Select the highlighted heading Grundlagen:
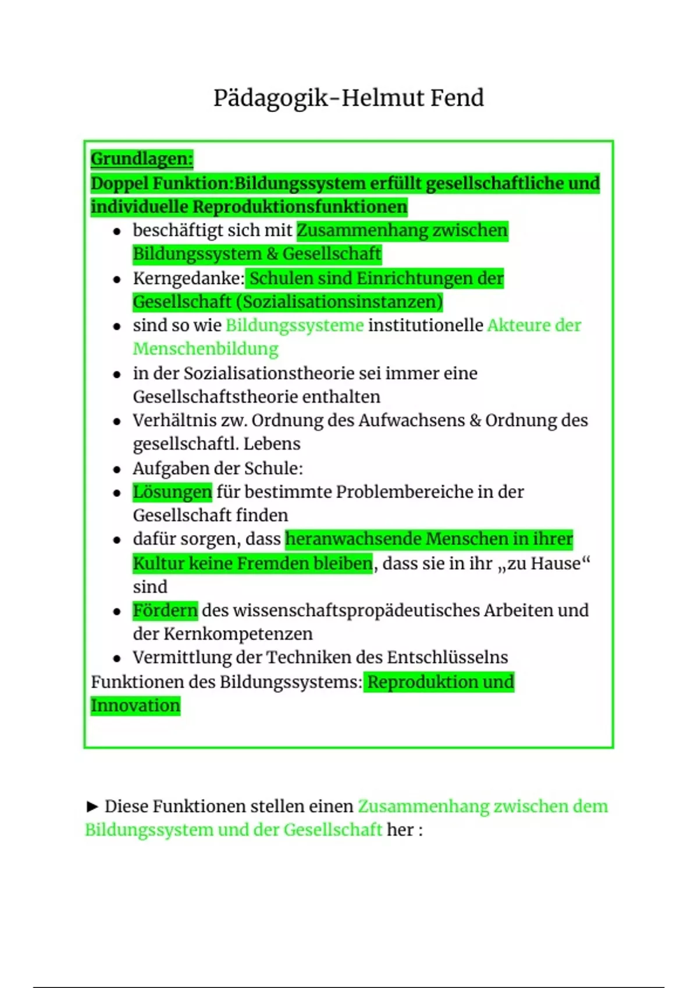point(141,159)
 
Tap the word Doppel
point(119,184)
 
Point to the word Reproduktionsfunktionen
point(300,207)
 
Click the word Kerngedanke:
point(188,278)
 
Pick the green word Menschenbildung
point(205,349)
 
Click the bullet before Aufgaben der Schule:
point(117,469)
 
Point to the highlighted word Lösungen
point(172,492)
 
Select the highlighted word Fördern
point(165,611)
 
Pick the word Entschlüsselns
point(447,657)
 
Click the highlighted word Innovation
point(136,706)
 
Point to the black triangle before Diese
point(92,807)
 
